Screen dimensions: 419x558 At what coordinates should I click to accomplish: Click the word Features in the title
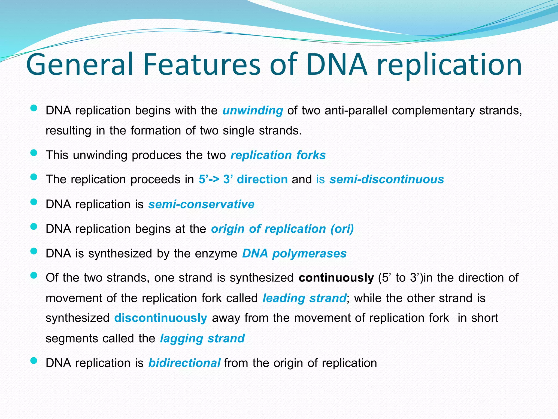(202, 65)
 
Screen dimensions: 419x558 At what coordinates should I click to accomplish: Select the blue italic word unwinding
(253, 111)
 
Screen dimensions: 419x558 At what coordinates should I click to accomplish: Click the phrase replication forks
(278, 155)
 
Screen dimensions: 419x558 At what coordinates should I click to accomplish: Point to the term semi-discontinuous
(387, 179)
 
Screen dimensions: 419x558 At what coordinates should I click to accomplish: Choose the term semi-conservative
(201, 204)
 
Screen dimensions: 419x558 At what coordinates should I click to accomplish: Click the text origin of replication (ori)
(282, 229)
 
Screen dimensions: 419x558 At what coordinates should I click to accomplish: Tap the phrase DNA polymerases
(294, 253)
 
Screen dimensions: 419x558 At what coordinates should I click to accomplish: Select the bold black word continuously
(336, 278)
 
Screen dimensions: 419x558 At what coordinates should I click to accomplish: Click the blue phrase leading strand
(304, 298)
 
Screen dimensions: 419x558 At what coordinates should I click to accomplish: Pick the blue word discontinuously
(160, 318)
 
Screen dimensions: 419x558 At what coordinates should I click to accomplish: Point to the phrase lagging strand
(202, 339)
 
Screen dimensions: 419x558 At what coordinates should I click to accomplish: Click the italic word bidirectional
(184, 363)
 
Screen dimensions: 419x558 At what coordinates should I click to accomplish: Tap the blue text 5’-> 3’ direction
(243, 179)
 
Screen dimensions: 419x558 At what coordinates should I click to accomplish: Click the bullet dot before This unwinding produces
(34, 153)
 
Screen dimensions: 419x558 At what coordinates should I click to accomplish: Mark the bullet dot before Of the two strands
(34, 276)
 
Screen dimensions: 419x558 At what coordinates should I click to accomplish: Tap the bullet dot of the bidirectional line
(34, 361)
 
